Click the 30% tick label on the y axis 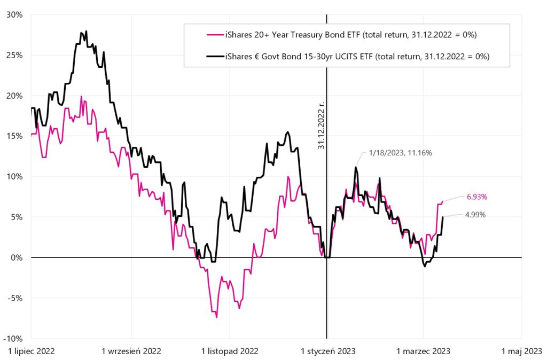14,14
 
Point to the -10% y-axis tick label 13,338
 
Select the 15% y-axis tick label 14,136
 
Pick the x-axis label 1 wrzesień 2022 131,351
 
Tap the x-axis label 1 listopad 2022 230,351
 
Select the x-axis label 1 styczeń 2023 328,351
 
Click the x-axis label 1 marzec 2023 423,351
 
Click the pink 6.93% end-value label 477,197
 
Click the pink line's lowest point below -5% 216,317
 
